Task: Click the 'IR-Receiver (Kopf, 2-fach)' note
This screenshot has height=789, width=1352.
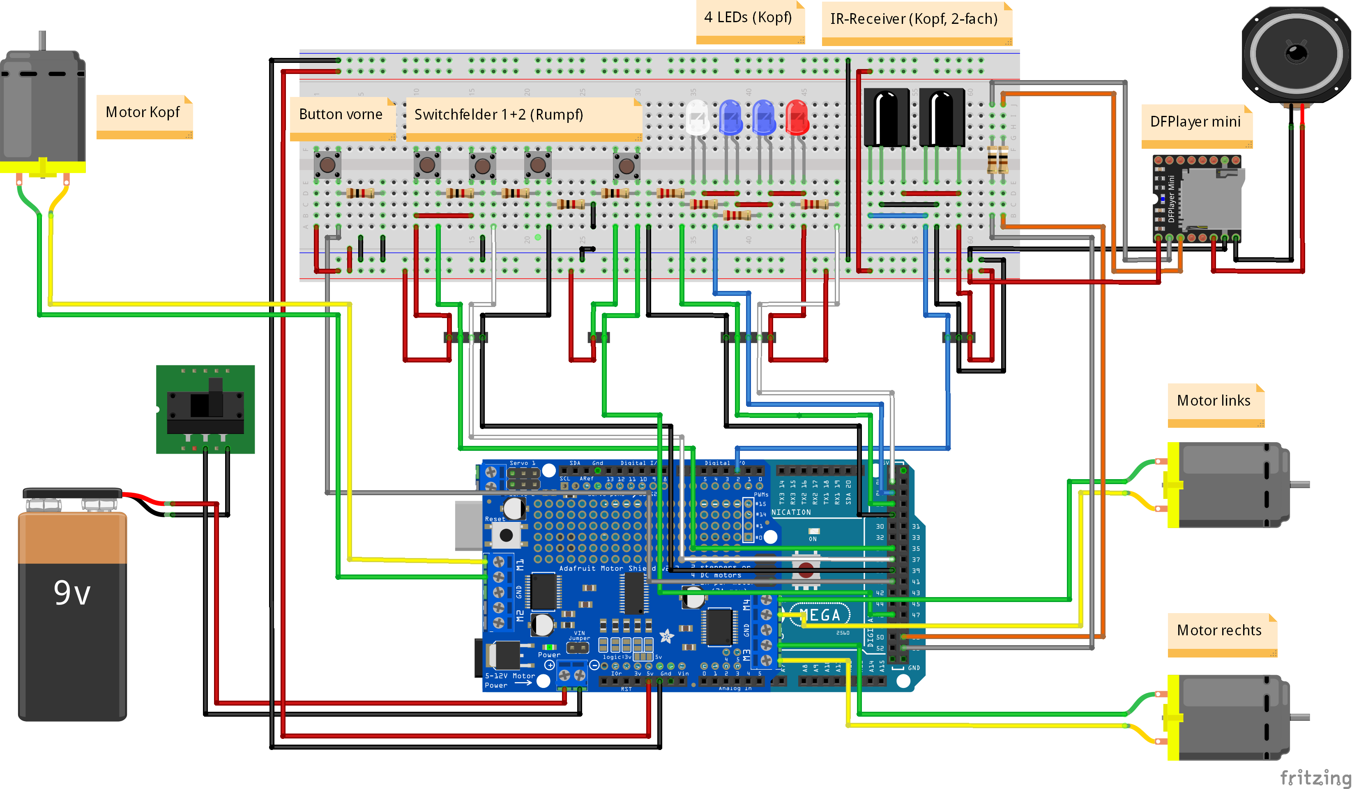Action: point(914,19)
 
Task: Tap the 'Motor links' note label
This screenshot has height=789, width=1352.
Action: point(1214,401)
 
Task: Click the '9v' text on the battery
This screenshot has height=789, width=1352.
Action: point(72,593)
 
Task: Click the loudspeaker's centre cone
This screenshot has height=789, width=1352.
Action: point(1297,53)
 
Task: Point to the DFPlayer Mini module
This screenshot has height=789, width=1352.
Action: point(1198,198)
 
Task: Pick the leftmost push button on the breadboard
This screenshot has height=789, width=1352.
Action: point(327,164)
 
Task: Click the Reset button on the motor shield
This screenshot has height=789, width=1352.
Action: point(506,535)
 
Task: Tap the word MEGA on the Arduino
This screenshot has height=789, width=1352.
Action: point(820,615)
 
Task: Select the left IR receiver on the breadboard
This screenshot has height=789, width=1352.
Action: point(886,117)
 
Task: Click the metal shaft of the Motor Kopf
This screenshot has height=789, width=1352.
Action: point(42,41)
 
